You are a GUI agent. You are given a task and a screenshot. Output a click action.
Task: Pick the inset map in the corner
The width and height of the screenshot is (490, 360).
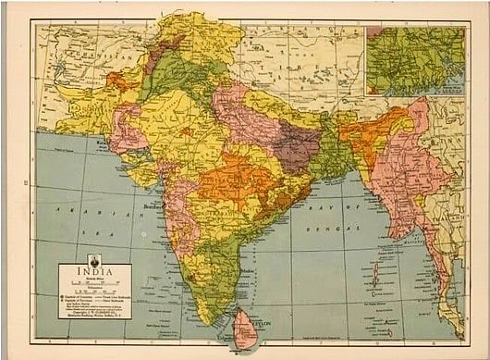[415, 60]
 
